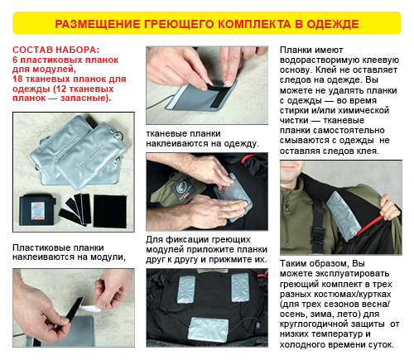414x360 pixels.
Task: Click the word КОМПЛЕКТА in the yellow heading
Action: [x=254, y=24]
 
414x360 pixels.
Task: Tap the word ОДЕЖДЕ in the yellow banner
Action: [x=333, y=24]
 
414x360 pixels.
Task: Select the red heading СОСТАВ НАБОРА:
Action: [x=56, y=50]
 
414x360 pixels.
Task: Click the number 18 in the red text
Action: [x=17, y=79]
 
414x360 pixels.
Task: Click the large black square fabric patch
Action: [x=110, y=211]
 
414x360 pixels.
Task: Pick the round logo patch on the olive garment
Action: [x=182, y=186]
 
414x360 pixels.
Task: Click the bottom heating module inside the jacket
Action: [x=208, y=329]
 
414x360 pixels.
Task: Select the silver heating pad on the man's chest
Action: [x=344, y=217]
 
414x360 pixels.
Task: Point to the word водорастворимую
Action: [x=320, y=60]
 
